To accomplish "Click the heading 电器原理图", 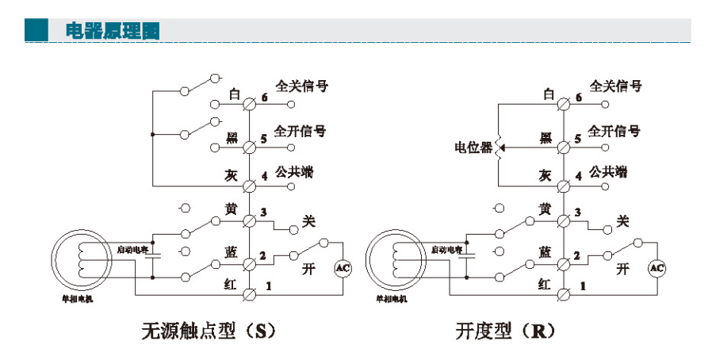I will point(112,31).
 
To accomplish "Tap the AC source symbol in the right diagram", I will point(657,268).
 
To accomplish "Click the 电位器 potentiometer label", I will point(473,147).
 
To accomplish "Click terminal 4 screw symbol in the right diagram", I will point(563,186).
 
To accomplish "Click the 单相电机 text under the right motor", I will point(391,299).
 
